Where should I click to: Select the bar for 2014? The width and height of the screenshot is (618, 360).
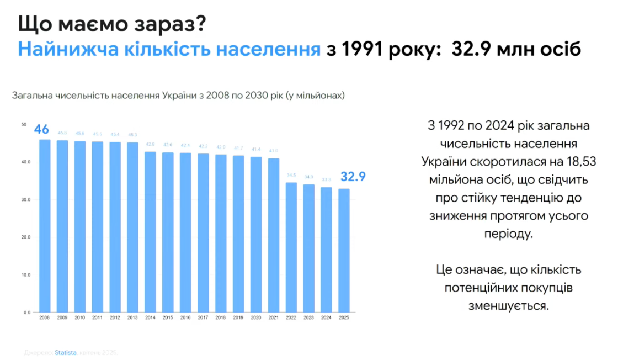[x=150, y=232]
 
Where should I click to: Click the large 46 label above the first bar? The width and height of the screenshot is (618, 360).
[x=42, y=129]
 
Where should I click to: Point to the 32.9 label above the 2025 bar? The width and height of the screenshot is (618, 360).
[x=353, y=177]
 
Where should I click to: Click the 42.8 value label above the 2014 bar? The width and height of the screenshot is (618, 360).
[x=150, y=145]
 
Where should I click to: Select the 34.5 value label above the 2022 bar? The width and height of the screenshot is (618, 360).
[x=291, y=176]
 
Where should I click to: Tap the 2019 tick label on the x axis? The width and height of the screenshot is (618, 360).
[x=238, y=318]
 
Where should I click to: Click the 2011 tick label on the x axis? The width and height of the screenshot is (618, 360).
[x=97, y=318]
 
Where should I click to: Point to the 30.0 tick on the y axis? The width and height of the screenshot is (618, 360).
[x=26, y=199]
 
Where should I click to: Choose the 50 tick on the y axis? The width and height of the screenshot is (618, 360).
[x=24, y=124]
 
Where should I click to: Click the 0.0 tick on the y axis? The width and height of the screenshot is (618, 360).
[x=26, y=313]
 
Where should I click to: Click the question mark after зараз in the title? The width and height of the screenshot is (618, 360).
[x=202, y=25]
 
